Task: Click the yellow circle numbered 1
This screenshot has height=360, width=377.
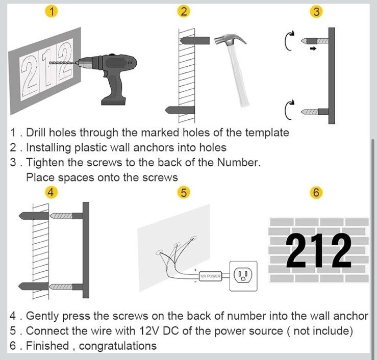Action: coord(52,11)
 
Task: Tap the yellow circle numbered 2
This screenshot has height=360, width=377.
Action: coord(184,11)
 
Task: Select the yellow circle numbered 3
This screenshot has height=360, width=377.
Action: coord(316,12)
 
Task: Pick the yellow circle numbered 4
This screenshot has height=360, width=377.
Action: coord(51,192)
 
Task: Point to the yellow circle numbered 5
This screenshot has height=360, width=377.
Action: coord(184,193)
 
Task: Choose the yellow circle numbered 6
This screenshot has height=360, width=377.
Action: coord(316,193)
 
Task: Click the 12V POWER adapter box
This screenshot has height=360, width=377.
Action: coord(210,276)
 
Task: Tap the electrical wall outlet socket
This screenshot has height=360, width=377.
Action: coord(243,276)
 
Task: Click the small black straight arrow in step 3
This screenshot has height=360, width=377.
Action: coord(313,49)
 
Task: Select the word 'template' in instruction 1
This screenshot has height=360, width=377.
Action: coord(267,133)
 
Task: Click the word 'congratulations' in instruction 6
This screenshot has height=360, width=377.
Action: coord(117,346)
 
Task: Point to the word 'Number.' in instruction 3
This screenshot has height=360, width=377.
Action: coord(239,163)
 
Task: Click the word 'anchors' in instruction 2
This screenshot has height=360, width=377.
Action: coord(154,147)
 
